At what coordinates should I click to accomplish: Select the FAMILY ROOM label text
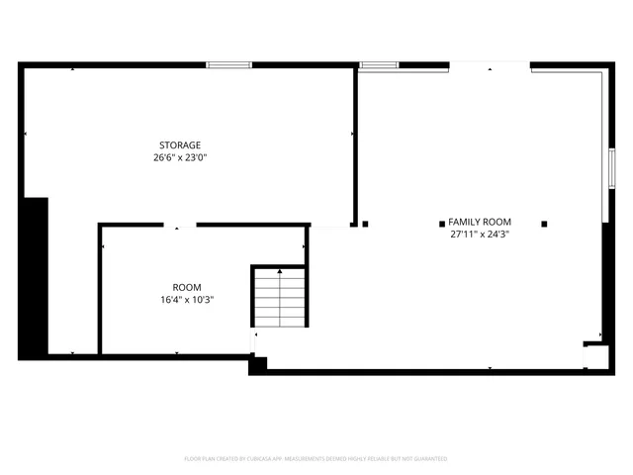tap(479, 222)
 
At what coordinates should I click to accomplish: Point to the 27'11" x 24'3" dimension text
tap(479, 235)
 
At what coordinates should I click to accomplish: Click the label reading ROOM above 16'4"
tap(187, 288)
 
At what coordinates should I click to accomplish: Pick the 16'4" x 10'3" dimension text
tap(187, 300)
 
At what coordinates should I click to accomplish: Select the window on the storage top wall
tap(228, 65)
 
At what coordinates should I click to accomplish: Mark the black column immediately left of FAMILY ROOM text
tap(365, 223)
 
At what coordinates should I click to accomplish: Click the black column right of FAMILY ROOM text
tap(543, 223)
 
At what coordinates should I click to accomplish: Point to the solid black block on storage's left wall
tap(35, 277)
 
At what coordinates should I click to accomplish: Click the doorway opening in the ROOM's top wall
tap(178, 226)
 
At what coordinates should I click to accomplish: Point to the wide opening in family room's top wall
tap(490, 66)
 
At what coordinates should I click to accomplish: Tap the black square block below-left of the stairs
tap(257, 364)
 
